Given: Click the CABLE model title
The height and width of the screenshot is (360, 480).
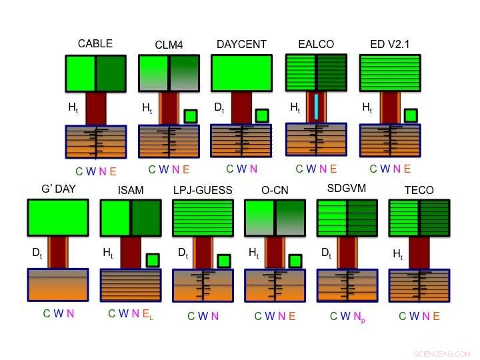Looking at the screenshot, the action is [95, 43].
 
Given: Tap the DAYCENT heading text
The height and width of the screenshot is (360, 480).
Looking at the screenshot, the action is [241, 45].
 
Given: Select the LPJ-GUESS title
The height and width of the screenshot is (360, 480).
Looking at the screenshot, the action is [203, 190].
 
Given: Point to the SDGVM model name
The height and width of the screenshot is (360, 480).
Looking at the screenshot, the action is [347, 188].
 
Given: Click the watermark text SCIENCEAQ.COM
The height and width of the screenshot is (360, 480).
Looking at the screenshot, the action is [443, 354].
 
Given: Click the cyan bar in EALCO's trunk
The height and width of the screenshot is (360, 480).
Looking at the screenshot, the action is [316, 107].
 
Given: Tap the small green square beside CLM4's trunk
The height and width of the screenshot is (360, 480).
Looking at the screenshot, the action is [191, 116].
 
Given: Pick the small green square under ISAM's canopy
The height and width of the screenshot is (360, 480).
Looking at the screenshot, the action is [153, 260].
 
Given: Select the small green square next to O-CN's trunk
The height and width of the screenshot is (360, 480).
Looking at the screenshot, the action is [295, 261].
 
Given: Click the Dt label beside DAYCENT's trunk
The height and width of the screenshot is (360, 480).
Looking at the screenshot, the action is [219, 108].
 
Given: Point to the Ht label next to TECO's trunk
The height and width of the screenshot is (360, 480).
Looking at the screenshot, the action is [398, 254].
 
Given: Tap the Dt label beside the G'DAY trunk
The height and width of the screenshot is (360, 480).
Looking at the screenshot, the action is [37, 253].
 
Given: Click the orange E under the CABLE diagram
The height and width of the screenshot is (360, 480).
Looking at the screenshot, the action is [113, 171].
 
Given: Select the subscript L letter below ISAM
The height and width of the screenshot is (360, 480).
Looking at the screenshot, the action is [151, 318].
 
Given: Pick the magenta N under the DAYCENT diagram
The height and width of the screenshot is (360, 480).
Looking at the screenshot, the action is [254, 169].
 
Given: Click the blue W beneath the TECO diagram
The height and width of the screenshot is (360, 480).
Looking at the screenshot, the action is [414, 316].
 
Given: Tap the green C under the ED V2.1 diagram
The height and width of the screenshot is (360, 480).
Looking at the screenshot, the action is [373, 169].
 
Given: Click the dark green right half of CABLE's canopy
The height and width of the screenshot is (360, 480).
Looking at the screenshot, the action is [111, 73].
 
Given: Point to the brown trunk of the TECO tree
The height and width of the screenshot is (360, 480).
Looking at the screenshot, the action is [419, 253].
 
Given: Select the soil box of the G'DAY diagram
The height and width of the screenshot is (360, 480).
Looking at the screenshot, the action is [58, 285].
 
